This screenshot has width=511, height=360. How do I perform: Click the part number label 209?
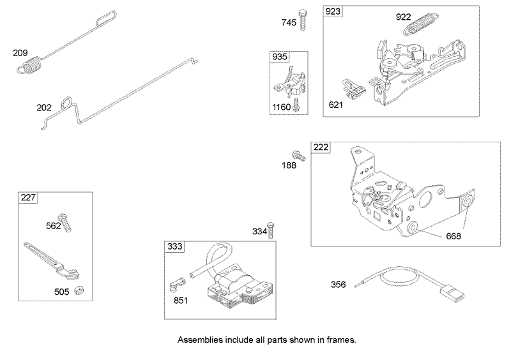(21, 53)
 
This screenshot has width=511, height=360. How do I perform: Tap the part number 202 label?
(44, 107)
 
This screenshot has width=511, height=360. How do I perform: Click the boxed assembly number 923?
(333, 12)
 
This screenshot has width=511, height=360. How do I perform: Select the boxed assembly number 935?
(280, 57)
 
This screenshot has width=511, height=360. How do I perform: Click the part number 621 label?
(335, 103)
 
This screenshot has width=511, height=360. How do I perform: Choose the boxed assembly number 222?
(320, 147)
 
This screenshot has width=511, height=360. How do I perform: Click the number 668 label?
(453, 236)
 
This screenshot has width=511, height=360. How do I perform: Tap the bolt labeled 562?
(65, 221)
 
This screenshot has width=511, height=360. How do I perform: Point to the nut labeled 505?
(78, 290)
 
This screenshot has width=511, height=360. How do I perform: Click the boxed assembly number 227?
(28, 198)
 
